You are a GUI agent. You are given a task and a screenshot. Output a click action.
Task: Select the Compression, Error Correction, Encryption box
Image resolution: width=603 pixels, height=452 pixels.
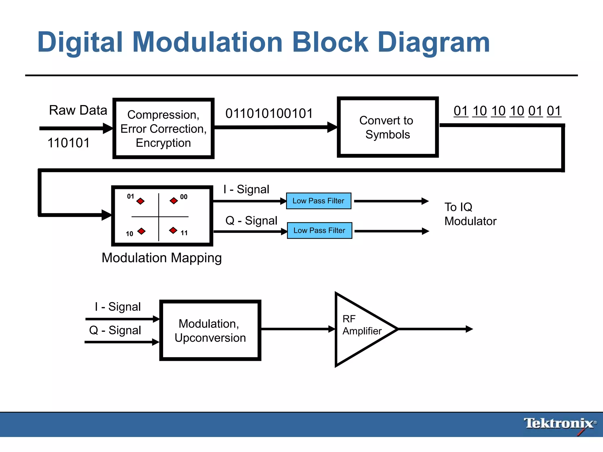click(x=163, y=129)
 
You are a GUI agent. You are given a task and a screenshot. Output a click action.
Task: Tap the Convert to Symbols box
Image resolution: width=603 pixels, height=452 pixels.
click(x=387, y=127)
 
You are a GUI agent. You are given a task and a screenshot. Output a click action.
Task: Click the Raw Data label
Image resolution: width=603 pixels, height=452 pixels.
click(x=78, y=110)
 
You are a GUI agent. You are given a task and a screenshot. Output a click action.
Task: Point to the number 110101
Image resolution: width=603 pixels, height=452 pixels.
click(x=68, y=143)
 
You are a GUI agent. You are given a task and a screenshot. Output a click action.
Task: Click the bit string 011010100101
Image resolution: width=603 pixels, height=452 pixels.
click(x=269, y=114)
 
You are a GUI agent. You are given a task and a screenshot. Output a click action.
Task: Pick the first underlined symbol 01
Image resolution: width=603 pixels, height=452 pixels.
click(x=461, y=111)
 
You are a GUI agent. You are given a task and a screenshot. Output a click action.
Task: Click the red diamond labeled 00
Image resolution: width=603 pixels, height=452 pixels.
click(x=174, y=201)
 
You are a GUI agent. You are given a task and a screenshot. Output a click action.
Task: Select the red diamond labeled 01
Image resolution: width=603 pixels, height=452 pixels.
click(x=140, y=201)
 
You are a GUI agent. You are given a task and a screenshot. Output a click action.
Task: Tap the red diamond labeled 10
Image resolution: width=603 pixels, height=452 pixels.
click(x=142, y=231)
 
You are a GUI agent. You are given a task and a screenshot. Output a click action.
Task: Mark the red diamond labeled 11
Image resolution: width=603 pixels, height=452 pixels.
click(x=173, y=230)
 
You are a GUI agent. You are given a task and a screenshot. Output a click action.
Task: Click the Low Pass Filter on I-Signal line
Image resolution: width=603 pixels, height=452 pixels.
click(x=319, y=201)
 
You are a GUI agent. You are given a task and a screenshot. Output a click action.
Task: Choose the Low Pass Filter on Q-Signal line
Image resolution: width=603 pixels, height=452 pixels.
click(x=319, y=230)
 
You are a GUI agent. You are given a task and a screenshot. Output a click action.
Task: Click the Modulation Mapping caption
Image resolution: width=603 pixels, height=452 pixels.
click(x=162, y=258)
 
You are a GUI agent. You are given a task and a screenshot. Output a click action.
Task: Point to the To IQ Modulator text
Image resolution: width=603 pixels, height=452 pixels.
click(x=470, y=214)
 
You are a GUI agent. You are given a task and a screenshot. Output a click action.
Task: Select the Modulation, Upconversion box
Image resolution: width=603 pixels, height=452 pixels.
click(x=210, y=330)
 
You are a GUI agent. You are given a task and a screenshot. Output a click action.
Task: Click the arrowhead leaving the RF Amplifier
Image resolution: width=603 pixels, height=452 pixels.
click(x=469, y=329)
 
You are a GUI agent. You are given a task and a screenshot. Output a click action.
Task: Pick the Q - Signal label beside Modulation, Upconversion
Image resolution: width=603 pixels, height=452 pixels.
click(x=115, y=330)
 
